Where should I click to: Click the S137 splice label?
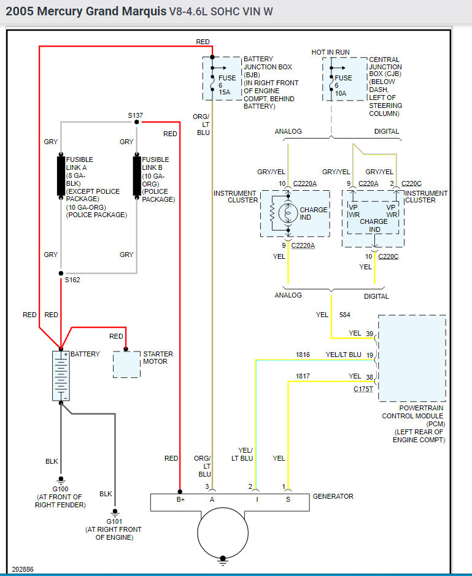(136, 115)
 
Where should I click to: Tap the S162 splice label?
(72, 280)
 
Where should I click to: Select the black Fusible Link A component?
(61, 175)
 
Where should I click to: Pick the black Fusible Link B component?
(136, 175)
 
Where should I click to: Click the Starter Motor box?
(126, 364)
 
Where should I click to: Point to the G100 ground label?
(60, 489)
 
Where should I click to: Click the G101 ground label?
(115, 521)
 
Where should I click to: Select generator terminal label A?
(212, 500)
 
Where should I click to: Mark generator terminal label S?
(288, 500)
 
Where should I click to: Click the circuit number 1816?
(303, 355)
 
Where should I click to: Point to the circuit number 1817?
(303, 376)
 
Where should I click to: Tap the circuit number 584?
(344, 315)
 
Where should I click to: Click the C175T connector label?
(363, 389)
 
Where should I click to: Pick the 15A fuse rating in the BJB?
(225, 93)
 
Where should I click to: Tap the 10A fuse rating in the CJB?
(341, 93)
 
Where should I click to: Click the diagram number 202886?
(21, 569)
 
